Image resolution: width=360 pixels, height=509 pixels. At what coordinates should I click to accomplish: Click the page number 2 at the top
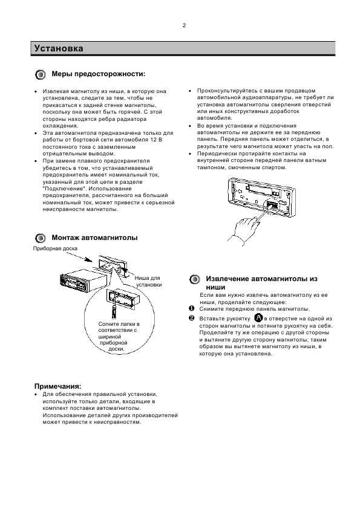pos(184,25)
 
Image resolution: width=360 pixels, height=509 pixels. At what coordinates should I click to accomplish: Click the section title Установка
pos(59,48)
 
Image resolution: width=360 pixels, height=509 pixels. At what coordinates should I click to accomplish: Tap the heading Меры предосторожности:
pos(99,74)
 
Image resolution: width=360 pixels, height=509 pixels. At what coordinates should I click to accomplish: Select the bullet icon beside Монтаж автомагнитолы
pos(41,238)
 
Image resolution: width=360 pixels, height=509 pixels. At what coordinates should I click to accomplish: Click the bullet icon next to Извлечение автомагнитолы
pos(195,279)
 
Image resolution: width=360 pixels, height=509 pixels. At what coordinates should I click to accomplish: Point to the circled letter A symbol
pos(258,318)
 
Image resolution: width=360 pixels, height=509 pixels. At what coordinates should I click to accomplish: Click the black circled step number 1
pos(191,308)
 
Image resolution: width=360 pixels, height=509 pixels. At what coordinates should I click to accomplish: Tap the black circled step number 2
pos(191,318)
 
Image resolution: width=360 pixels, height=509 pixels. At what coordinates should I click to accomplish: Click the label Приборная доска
pos(55,248)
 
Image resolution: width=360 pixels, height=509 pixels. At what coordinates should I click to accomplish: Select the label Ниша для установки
pos(148,281)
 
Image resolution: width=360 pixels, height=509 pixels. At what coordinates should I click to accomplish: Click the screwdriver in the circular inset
pos(114,310)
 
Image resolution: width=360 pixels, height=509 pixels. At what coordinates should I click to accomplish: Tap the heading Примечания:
pos(58,386)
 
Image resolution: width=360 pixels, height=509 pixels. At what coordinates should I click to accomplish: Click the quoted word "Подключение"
pos(64,189)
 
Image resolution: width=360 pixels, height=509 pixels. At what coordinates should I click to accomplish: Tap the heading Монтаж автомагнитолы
pos(94,238)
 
